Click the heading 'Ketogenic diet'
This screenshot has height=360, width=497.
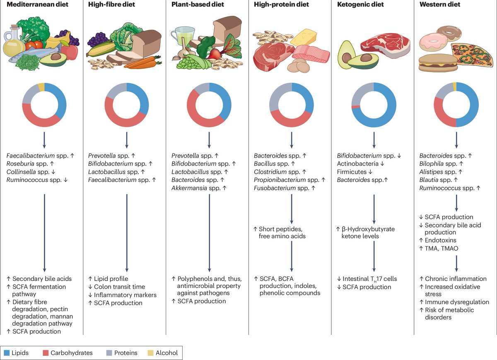pos(360,5)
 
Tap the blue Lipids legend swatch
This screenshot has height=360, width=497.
pos(7,353)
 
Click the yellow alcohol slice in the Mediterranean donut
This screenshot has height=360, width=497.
pos(41,86)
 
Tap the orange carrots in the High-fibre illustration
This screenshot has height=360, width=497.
pos(141,63)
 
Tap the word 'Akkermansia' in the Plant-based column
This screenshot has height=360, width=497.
pos(188,188)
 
